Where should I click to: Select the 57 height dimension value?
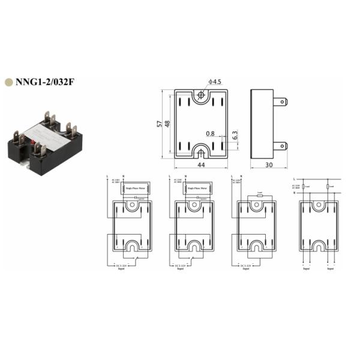point(160,124)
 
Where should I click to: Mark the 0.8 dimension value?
point(210,133)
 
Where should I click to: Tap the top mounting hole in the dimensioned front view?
point(201,96)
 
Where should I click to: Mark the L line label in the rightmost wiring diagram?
point(294,179)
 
